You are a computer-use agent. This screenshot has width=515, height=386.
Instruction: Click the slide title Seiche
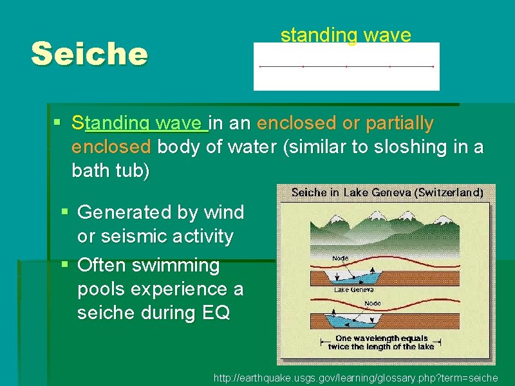pyautogui.click(x=89, y=54)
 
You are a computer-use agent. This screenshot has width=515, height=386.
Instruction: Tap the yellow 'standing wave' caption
pyautogui.click(x=345, y=35)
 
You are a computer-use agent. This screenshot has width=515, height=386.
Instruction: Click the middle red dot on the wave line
pyautogui.click(x=346, y=66)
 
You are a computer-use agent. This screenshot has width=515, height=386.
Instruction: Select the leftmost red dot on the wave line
pyautogui.click(x=259, y=66)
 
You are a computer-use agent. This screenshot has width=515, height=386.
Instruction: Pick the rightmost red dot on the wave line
pyautogui.click(x=433, y=66)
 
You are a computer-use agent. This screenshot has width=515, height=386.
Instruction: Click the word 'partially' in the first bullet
pyautogui.click(x=400, y=122)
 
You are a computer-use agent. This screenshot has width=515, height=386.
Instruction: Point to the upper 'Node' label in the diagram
pyautogui.click(x=341, y=258)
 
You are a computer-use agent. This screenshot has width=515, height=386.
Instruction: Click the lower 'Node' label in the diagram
pyautogui.click(x=373, y=303)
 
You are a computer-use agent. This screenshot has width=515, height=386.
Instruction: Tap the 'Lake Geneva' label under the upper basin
pyautogui.click(x=350, y=289)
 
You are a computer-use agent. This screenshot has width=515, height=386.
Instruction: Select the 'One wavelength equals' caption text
pyautogui.click(x=382, y=338)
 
